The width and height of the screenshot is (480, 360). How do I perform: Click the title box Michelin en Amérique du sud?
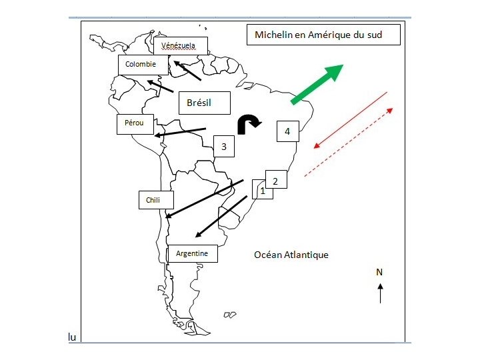323,35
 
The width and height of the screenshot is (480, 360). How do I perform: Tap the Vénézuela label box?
180,45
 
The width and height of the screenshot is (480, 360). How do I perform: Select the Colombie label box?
141,65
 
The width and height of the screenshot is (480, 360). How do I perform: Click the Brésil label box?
204,103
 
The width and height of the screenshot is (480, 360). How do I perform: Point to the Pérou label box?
135,124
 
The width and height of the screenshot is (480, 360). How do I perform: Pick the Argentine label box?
192,254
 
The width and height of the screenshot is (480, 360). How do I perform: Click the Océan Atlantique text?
291,255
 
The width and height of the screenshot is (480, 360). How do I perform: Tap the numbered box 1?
262,191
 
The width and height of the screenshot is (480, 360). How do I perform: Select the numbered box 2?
276,179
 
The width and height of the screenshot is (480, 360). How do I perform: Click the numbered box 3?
224,147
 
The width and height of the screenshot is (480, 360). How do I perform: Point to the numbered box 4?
287,131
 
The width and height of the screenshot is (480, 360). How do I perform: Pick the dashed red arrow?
349,141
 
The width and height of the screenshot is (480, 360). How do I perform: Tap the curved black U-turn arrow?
250,123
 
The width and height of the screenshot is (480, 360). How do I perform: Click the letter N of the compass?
379,272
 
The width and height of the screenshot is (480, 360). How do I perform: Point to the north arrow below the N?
380,293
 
